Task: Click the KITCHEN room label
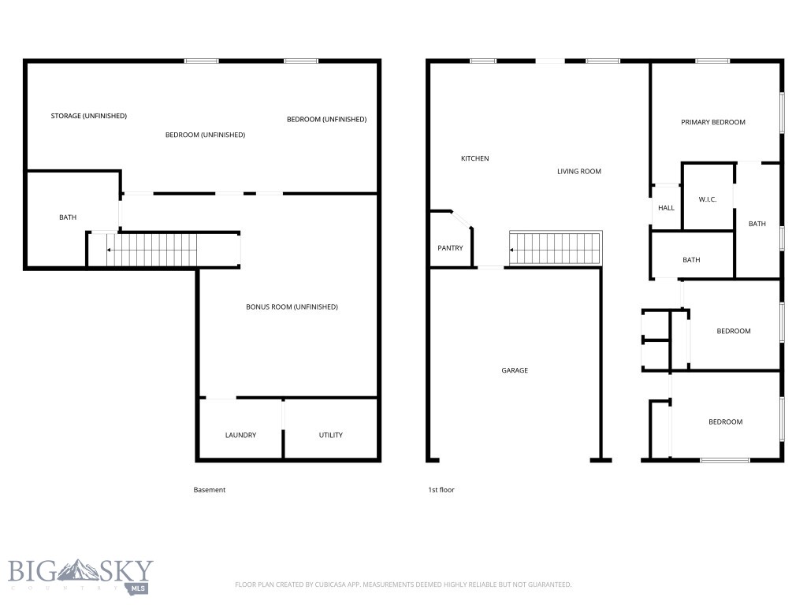click(x=474, y=158)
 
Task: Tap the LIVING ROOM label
click(x=579, y=171)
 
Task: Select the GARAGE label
click(x=515, y=370)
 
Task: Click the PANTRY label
click(x=450, y=248)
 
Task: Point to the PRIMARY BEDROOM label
click(x=712, y=122)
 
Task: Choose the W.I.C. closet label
click(x=707, y=199)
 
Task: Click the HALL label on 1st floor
click(x=666, y=208)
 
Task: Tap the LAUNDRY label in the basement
click(x=240, y=435)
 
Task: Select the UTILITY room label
click(x=330, y=435)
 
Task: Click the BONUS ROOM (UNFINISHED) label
click(x=292, y=306)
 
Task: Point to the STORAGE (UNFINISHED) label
click(x=88, y=116)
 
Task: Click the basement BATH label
click(x=68, y=217)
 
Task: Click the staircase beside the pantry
click(x=555, y=249)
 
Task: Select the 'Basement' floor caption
click(x=210, y=490)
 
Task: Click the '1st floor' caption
click(x=441, y=490)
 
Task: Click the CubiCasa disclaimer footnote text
click(x=403, y=585)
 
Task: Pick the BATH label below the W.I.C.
click(x=691, y=260)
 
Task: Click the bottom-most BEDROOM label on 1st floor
click(x=725, y=421)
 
